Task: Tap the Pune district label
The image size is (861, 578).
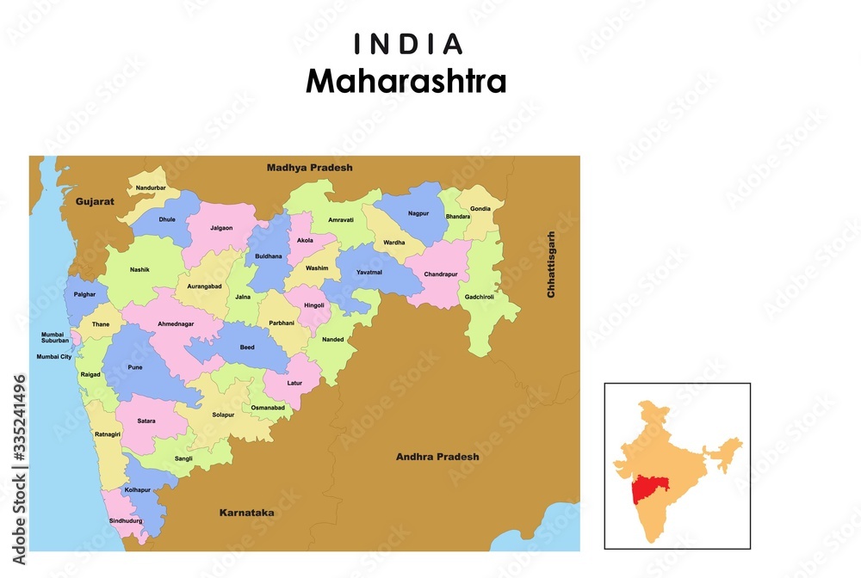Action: click(x=135, y=367)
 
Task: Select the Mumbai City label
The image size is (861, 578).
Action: click(x=53, y=356)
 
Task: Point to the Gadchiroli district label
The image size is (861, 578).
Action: click(x=486, y=297)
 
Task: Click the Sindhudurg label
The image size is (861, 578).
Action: click(x=126, y=521)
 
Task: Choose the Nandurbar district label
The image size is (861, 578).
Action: click(x=151, y=188)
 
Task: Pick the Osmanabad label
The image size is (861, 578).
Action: click(x=268, y=407)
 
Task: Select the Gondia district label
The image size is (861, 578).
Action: click(x=480, y=209)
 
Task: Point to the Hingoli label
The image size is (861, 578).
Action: click(x=314, y=305)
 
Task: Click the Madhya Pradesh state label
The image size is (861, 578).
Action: click(x=309, y=168)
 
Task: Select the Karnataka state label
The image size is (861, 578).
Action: click(x=246, y=513)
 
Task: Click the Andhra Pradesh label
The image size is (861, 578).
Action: click(x=437, y=457)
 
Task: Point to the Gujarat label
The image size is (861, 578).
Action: click(x=95, y=201)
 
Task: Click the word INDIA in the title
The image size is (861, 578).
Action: click(x=409, y=44)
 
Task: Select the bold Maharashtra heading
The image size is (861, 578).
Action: click(x=406, y=82)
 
